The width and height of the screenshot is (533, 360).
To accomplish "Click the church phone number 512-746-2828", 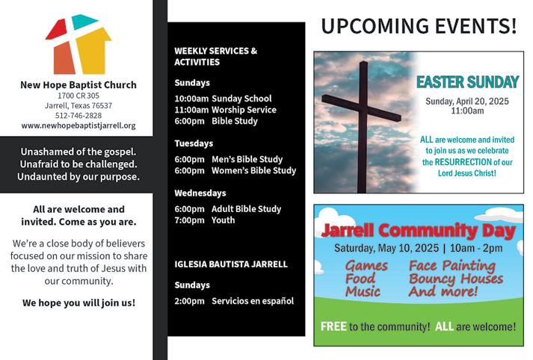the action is [x=78, y=116].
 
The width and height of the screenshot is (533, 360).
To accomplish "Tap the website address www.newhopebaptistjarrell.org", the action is [x=78, y=125].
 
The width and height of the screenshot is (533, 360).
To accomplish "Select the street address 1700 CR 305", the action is [x=78, y=96].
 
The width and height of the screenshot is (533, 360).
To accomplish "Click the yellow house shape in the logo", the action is [x=93, y=51].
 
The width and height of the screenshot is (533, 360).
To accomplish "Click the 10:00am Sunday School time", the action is [x=191, y=99].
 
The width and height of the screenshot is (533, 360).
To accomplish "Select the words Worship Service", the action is [x=244, y=110].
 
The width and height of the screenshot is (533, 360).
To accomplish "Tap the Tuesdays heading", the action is [x=194, y=143].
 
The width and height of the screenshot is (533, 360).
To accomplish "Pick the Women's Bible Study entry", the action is [x=253, y=170].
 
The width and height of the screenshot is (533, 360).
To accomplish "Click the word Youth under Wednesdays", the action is [x=223, y=220].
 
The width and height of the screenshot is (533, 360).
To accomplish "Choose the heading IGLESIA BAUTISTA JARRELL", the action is [x=231, y=264].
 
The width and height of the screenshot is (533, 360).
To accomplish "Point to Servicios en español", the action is [x=253, y=301].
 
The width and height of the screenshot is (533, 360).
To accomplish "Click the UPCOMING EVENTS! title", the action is [x=419, y=26].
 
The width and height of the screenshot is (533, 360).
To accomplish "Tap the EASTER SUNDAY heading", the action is [x=467, y=82].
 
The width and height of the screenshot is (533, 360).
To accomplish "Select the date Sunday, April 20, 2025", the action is [x=467, y=102].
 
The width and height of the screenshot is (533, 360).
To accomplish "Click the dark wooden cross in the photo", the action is [x=363, y=125].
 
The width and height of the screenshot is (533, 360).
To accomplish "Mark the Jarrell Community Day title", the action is [x=419, y=231].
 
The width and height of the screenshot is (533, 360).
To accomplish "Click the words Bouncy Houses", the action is [x=456, y=279].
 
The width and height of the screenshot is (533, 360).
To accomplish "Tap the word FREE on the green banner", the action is [x=333, y=326].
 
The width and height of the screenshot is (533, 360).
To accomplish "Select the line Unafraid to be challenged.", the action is [x=78, y=164].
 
